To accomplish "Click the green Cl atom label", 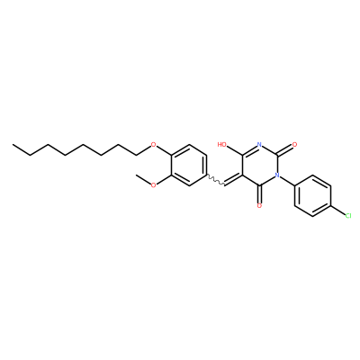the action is pyautogui.click(x=347, y=216).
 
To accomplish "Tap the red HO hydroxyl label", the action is pyautogui.click(x=222, y=145).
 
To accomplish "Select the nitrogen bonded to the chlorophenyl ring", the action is pyautogui.click(x=277, y=175).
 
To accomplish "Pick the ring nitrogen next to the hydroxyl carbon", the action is pyautogui.click(x=260, y=145).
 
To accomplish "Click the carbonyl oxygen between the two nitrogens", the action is pyautogui.click(x=294, y=145).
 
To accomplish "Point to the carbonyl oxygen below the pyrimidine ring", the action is pyautogui.click(x=260, y=206).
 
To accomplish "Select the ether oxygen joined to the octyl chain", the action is pyautogui.click(x=154, y=145).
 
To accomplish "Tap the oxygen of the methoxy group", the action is pyautogui.click(x=154, y=185).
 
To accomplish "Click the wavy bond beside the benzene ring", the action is pyautogui.click(x=216, y=180).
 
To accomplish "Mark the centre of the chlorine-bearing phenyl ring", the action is pyautogui.click(x=312, y=195).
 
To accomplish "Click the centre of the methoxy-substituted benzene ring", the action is pyautogui.click(x=189, y=166).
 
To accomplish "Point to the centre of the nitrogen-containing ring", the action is pyautogui.click(x=260, y=165).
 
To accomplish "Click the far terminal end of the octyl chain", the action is pyautogui.click(x=13, y=145).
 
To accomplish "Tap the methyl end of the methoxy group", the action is pyautogui.click(x=137, y=175).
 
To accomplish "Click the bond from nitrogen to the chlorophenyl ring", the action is pyautogui.click(x=287, y=180).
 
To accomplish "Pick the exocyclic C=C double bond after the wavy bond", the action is pyautogui.click(x=234, y=180).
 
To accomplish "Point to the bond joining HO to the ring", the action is pyautogui.click(x=235, y=150).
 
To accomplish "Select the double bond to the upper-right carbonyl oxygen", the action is pyautogui.click(x=285, y=150).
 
